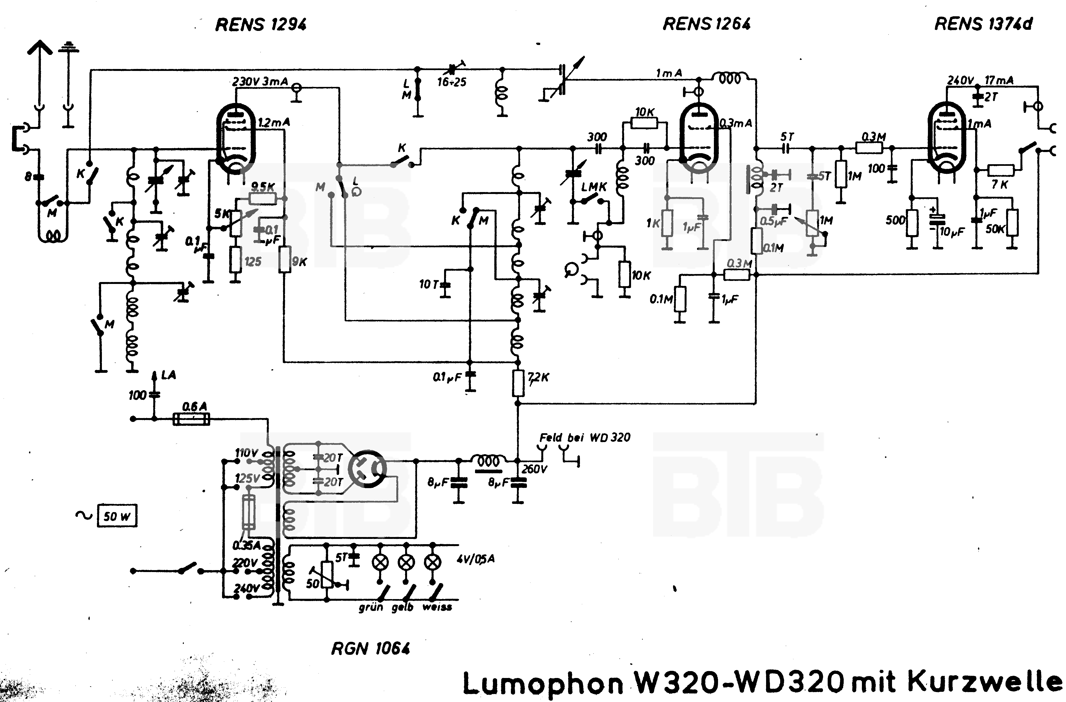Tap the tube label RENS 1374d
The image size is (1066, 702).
pyautogui.click(x=983, y=24)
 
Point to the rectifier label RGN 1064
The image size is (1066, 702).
pyautogui.click(x=370, y=648)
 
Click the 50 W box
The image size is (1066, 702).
pyautogui.click(x=117, y=516)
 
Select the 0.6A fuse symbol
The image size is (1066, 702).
pyautogui.click(x=191, y=419)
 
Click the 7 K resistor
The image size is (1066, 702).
pyautogui.click(x=1001, y=171)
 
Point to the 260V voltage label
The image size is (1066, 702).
pyautogui.click(x=534, y=469)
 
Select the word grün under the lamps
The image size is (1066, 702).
pyautogui.click(x=371, y=608)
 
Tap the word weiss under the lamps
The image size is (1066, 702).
pyautogui.click(x=437, y=608)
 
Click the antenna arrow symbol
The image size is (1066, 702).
pyautogui.click(x=40, y=49)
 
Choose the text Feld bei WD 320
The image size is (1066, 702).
pyautogui.click(x=584, y=437)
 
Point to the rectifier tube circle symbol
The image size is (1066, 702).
pyautogui.click(x=367, y=469)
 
